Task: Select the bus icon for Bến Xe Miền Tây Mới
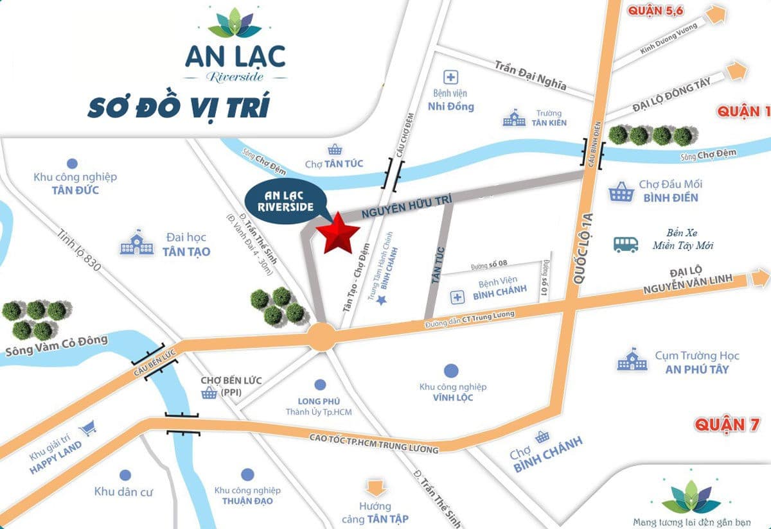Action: coord(626,244)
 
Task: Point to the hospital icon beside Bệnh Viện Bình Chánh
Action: coord(457,297)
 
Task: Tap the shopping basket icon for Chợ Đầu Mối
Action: coord(620,191)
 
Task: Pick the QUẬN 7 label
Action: coord(728,424)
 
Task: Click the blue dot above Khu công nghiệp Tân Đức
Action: coord(72,163)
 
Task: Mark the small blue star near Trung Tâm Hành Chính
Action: coord(381,300)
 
